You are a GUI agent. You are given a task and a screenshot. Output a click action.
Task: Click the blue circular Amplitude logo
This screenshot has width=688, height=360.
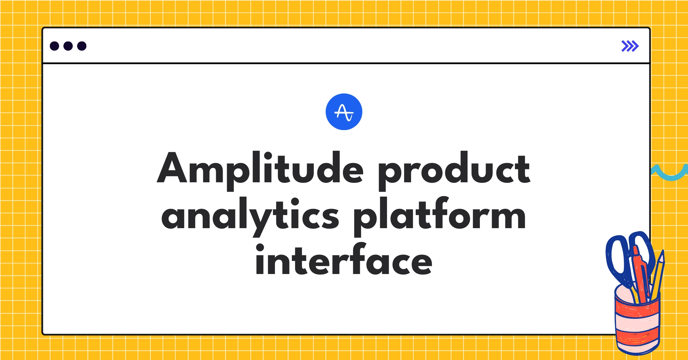344,112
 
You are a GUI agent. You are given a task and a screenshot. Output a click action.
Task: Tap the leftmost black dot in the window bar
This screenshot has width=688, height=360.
54,46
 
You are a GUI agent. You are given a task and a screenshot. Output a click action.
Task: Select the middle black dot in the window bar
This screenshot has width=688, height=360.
68,46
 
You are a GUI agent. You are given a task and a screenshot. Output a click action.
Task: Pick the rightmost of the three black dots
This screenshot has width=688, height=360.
82,46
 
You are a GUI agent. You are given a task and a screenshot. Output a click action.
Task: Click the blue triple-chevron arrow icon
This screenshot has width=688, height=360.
630,46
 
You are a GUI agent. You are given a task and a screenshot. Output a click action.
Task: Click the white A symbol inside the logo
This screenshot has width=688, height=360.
344,112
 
